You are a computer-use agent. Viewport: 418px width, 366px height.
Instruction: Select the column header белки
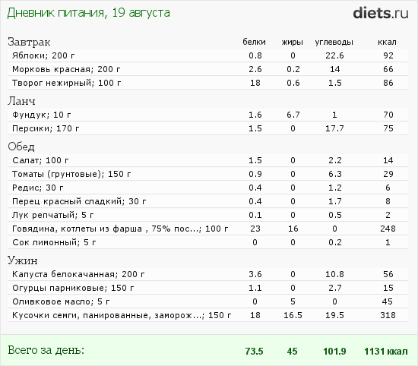pos(255,42)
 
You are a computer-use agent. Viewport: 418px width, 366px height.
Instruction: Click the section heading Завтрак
pos(27,42)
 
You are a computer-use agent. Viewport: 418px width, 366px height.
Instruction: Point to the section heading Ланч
pos(22,101)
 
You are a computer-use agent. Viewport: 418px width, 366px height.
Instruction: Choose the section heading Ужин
pos(22,260)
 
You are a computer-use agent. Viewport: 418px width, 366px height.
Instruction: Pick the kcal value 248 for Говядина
pos(388,229)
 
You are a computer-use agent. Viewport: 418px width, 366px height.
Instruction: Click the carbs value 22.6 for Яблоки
pos(334,55)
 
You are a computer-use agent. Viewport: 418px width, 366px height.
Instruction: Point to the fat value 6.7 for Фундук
pos(293,115)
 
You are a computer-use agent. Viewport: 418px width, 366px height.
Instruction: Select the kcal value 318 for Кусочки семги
pos(388,315)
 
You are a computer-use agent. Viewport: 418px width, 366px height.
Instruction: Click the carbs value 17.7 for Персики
pos(334,128)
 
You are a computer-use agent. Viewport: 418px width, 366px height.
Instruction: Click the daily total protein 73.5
pos(255,351)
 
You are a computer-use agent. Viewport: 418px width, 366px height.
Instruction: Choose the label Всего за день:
pos(46,350)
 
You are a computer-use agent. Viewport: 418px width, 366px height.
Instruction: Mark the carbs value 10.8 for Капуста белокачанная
pos(334,273)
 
